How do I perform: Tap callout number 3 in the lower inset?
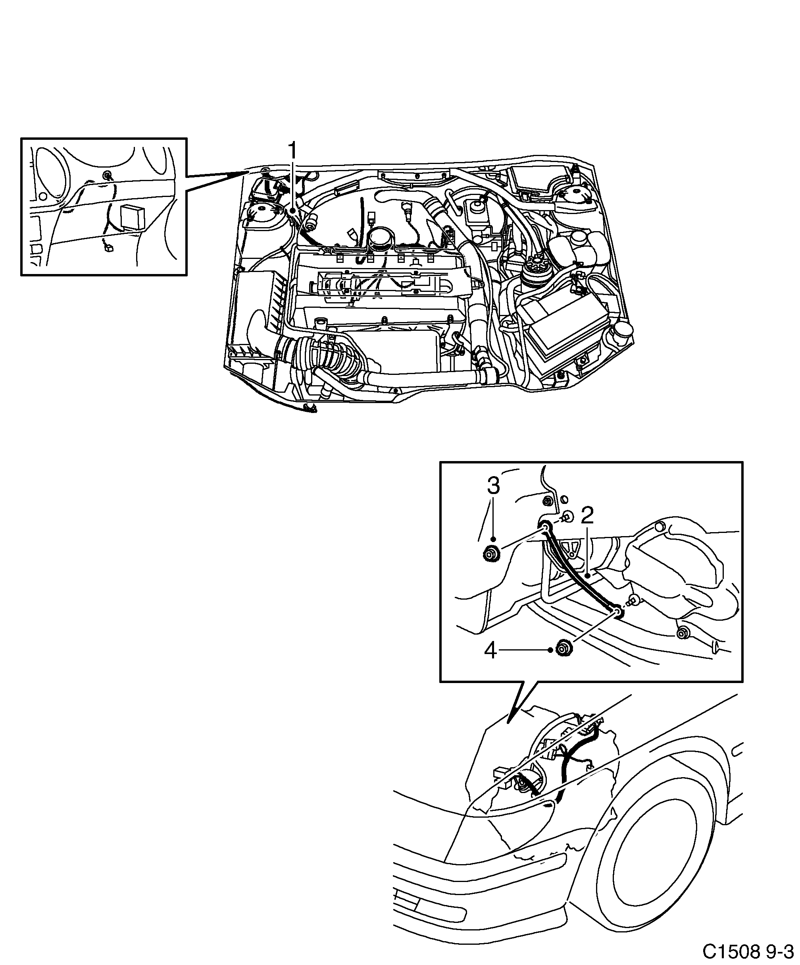(x=493, y=486)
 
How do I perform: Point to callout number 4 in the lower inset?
(x=490, y=651)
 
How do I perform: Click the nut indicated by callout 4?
(x=561, y=649)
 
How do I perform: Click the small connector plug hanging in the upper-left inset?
(x=109, y=249)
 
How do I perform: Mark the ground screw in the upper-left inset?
(x=108, y=175)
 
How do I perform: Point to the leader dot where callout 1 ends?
(x=292, y=210)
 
